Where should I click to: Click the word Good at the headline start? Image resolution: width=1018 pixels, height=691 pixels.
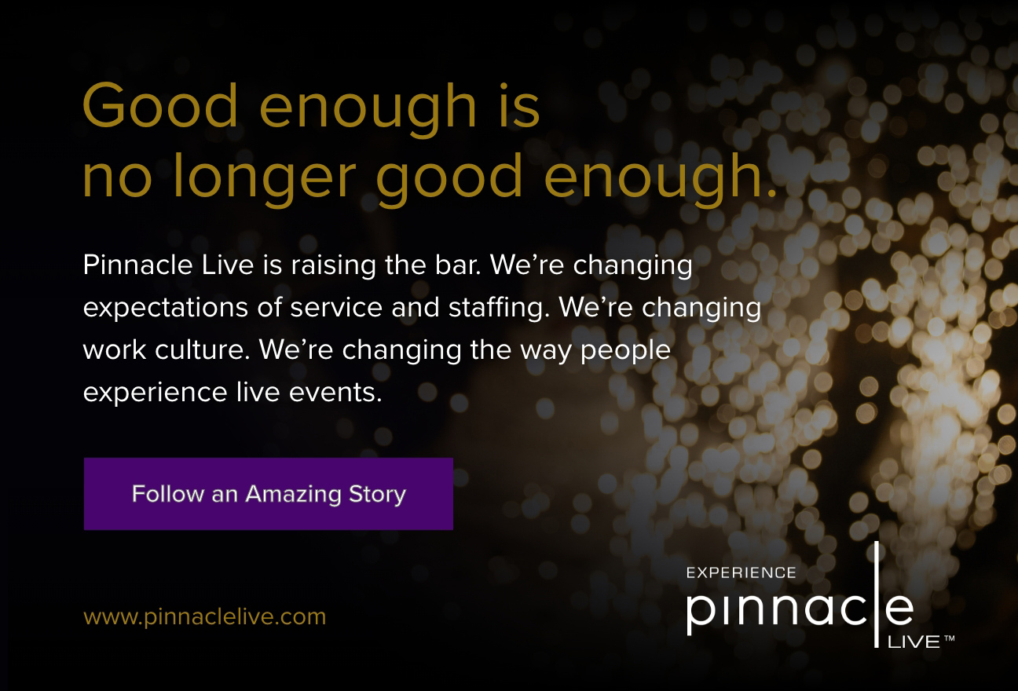click(x=160, y=105)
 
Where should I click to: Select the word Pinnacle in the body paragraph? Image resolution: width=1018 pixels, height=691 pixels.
click(x=137, y=265)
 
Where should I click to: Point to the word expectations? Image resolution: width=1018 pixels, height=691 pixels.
click(x=166, y=308)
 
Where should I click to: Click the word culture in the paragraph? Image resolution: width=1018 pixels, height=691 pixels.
click(x=202, y=349)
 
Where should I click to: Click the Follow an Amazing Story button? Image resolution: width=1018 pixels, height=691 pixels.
click(x=268, y=493)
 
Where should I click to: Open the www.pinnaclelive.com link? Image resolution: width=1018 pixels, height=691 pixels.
click(x=204, y=617)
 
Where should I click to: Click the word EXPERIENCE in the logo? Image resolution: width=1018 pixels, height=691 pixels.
click(x=742, y=573)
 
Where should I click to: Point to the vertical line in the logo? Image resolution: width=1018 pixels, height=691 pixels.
click(x=877, y=594)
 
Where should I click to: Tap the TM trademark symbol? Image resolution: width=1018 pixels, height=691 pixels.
click(x=950, y=638)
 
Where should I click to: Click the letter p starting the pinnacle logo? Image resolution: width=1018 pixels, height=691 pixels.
click(x=698, y=613)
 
